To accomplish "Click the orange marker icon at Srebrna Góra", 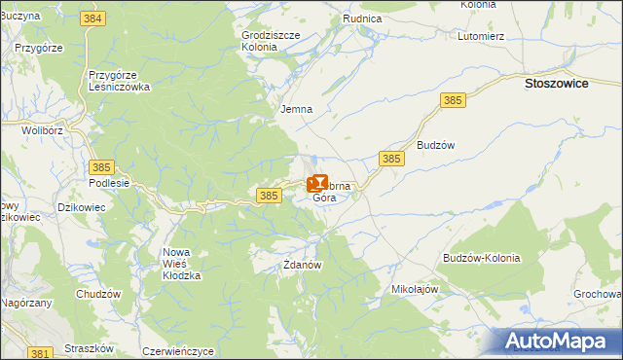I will pos(317,182).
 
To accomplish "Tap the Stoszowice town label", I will pos(556,85).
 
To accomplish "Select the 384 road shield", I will pos(93,19).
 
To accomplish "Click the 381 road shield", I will pos(40,352).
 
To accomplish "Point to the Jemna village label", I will pos(296,109).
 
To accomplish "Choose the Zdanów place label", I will pos(302,264).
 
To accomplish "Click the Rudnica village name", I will pos(361,18).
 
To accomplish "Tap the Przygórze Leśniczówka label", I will pos(119,80).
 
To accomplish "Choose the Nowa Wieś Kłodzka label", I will pos(181,264).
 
